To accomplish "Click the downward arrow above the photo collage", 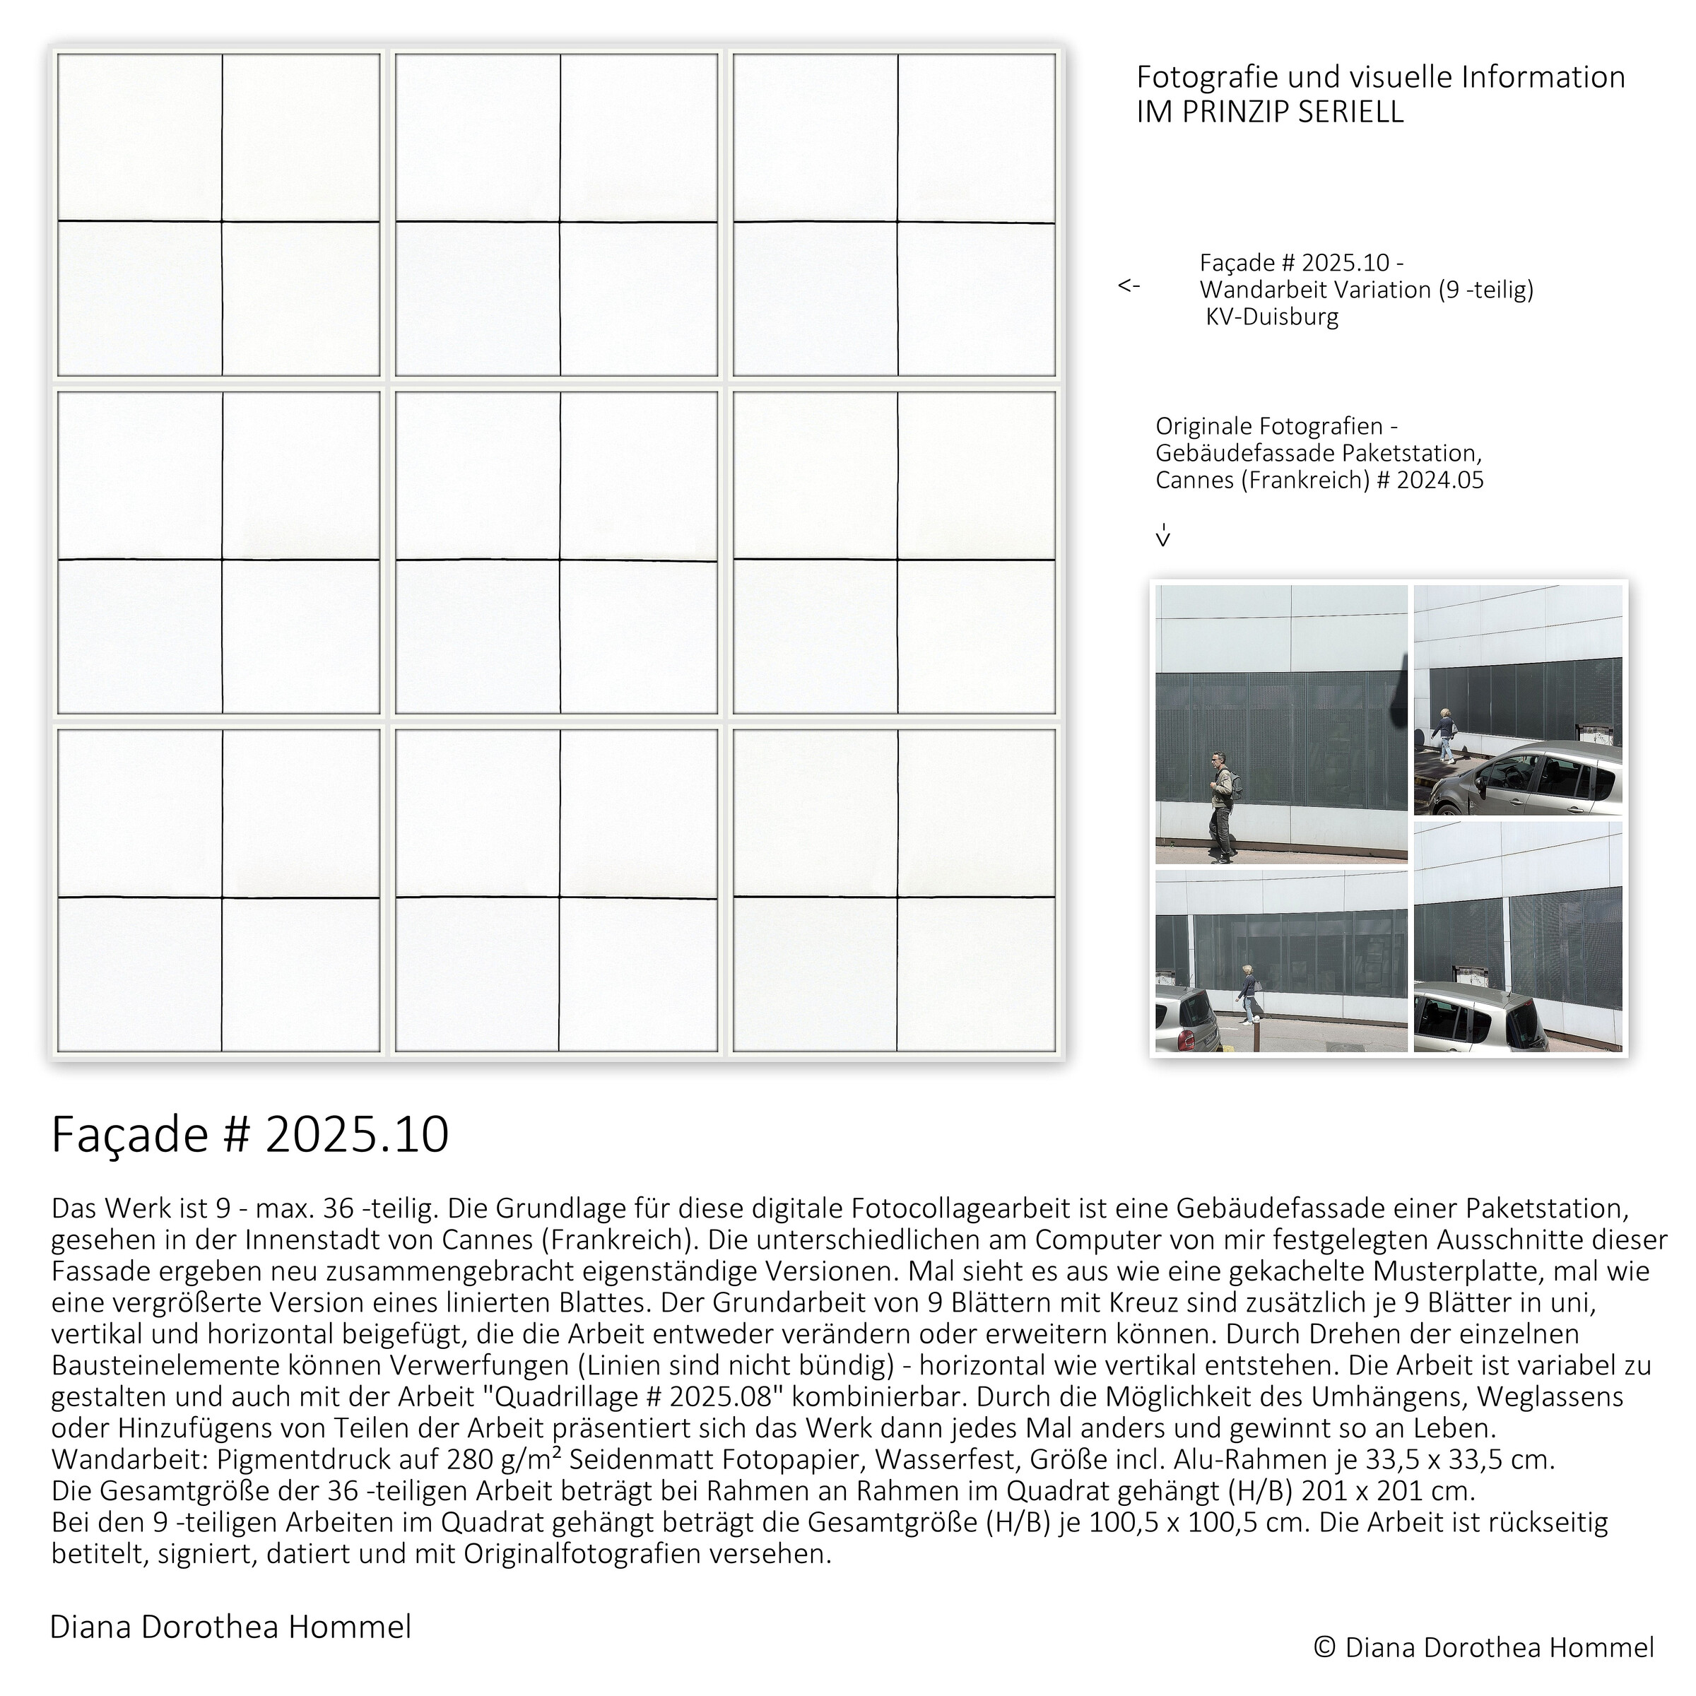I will [1163, 536].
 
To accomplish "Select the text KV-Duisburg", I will [1272, 317].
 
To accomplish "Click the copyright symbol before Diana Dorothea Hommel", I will [1325, 1648].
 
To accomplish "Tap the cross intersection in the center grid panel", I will [559, 559].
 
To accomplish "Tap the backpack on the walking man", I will [1236, 782].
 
